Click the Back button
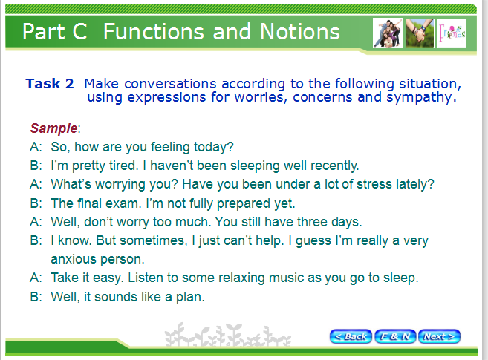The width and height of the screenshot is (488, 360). (x=351, y=336)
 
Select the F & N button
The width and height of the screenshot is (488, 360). (x=395, y=336)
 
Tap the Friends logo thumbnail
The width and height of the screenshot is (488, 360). (x=452, y=33)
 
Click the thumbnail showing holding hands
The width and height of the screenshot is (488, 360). (x=420, y=33)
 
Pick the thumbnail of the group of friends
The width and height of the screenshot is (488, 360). (x=388, y=33)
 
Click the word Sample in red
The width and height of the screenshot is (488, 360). (x=53, y=128)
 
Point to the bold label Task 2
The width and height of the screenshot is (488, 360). (x=50, y=84)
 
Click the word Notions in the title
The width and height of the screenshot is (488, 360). (x=300, y=31)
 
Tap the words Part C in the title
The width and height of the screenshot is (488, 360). (x=55, y=31)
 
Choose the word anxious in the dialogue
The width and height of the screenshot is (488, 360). (x=73, y=259)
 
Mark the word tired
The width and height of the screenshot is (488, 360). (x=122, y=166)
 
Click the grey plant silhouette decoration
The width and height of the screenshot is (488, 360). (x=228, y=335)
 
